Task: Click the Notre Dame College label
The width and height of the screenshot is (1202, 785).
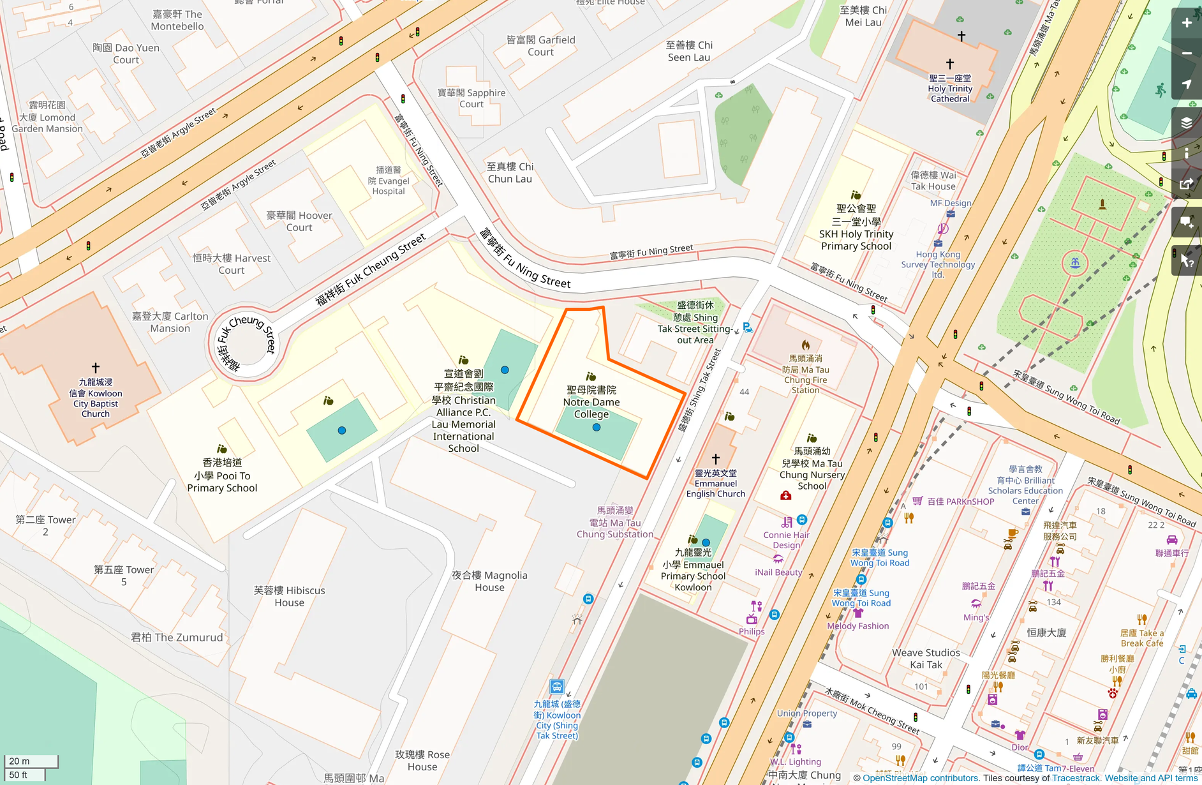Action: coord(591,402)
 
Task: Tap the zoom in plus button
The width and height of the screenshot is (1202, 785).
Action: coord(1186,23)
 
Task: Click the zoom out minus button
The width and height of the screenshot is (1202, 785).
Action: coord(1186,54)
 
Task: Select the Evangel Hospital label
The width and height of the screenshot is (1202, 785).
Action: coord(388,181)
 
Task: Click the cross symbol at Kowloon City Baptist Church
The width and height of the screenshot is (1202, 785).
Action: coord(96,368)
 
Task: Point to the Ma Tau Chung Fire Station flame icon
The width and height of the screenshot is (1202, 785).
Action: coord(806,345)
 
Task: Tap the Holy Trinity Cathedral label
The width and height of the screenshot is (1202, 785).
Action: coord(950,89)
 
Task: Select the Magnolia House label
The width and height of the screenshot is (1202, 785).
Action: coord(489,581)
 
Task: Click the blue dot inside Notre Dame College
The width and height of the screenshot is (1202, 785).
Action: coord(597,428)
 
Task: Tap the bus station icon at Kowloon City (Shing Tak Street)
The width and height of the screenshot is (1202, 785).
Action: coord(556,687)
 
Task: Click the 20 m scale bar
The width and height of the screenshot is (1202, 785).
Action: coord(31,761)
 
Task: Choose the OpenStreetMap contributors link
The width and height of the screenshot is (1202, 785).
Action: coord(920,778)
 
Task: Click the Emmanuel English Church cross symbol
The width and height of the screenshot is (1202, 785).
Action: coord(716,459)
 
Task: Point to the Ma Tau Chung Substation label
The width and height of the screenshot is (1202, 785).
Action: coord(614,523)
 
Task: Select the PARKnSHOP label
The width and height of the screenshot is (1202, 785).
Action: coord(960,502)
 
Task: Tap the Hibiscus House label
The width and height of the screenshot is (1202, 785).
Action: coord(289,596)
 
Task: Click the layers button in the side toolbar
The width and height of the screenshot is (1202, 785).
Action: coord(1186,123)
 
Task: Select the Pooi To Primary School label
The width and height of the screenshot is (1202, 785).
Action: coord(222,475)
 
